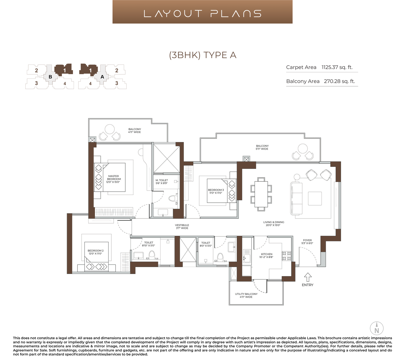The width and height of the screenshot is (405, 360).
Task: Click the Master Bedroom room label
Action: [x=113, y=177]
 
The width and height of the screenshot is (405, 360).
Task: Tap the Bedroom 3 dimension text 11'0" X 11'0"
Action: [x=216, y=193]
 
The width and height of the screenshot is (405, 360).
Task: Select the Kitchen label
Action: [x=267, y=254]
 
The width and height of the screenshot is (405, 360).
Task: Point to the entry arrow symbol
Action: [x=308, y=277]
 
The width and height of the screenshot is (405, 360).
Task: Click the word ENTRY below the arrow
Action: [x=308, y=285]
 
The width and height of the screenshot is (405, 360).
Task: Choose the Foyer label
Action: [x=307, y=240]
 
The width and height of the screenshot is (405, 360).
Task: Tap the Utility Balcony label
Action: [x=246, y=294]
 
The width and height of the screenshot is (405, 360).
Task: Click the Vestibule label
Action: [x=182, y=225]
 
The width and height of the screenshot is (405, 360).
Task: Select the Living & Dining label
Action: [x=274, y=222]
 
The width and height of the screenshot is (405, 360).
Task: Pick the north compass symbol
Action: [x=377, y=328]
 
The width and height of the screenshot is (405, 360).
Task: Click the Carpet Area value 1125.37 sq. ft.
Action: [x=337, y=67]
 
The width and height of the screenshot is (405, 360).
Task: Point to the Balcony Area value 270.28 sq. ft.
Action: [x=339, y=81]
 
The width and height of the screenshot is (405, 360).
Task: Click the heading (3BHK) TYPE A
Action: [x=202, y=55]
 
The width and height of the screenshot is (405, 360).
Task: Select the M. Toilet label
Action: [x=162, y=180]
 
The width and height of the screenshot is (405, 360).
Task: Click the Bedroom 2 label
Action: [x=96, y=251]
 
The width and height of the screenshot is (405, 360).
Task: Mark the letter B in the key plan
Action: [x=50, y=77]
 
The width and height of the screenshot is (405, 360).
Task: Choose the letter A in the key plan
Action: [x=102, y=77]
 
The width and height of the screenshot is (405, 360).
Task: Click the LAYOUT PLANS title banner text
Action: [x=202, y=13]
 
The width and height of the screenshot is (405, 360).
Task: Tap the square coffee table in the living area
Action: [x=315, y=198]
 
